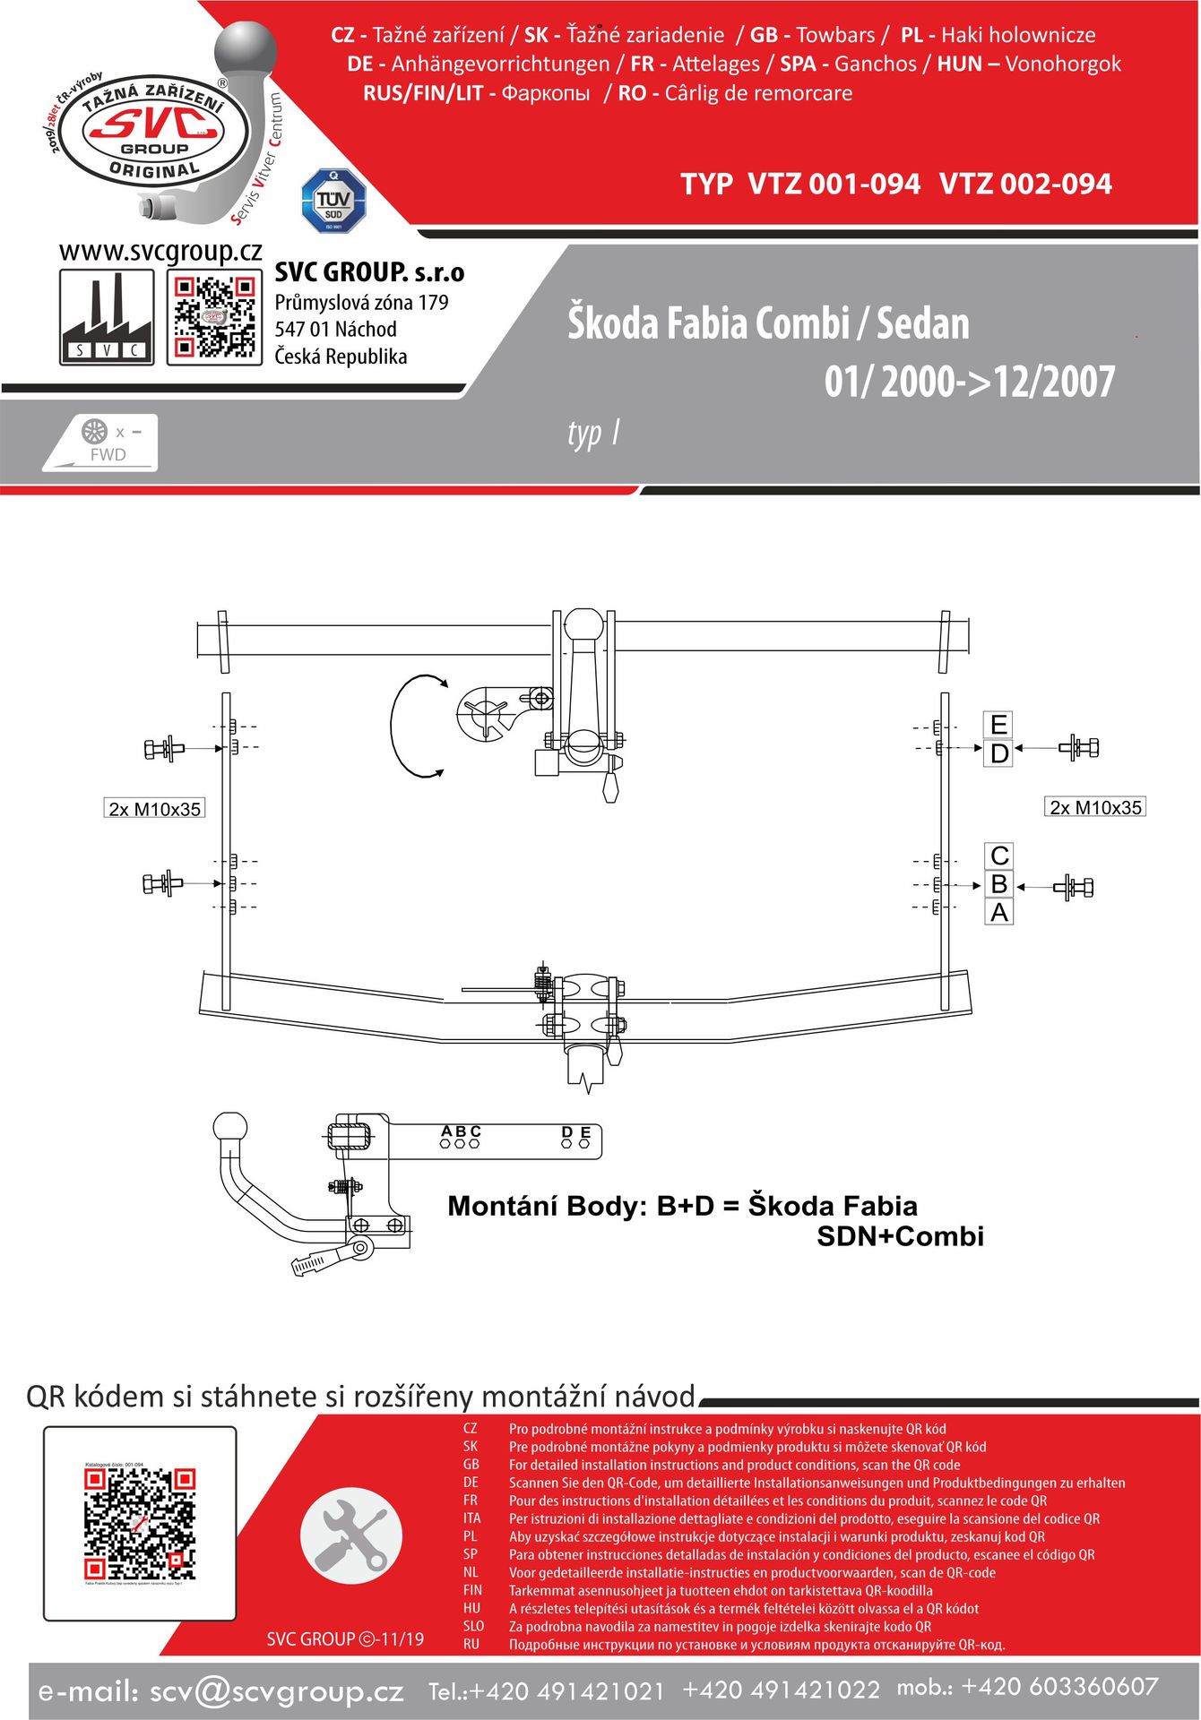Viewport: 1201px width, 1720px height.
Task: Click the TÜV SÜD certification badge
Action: (x=333, y=201)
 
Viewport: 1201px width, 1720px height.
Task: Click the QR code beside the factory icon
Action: (x=214, y=317)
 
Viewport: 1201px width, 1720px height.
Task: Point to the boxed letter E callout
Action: (x=998, y=724)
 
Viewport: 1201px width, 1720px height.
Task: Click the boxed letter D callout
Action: (x=998, y=753)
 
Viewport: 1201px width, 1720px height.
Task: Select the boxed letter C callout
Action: (x=999, y=856)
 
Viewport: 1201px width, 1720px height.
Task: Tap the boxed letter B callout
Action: (x=999, y=884)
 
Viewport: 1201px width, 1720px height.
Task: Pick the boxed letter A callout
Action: (x=999, y=913)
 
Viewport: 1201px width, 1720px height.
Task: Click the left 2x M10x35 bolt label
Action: (x=154, y=809)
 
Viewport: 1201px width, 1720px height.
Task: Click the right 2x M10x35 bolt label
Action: (x=1095, y=807)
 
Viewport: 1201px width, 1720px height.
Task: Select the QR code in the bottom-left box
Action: (x=140, y=1522)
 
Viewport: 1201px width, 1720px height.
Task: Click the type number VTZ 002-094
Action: (x=1025, y=184)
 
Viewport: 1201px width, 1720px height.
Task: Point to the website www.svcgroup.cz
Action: (x=160, y=252)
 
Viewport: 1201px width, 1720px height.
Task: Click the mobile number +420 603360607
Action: (x=1059, y=1687)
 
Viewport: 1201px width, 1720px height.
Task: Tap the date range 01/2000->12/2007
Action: (x=970, y=382)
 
